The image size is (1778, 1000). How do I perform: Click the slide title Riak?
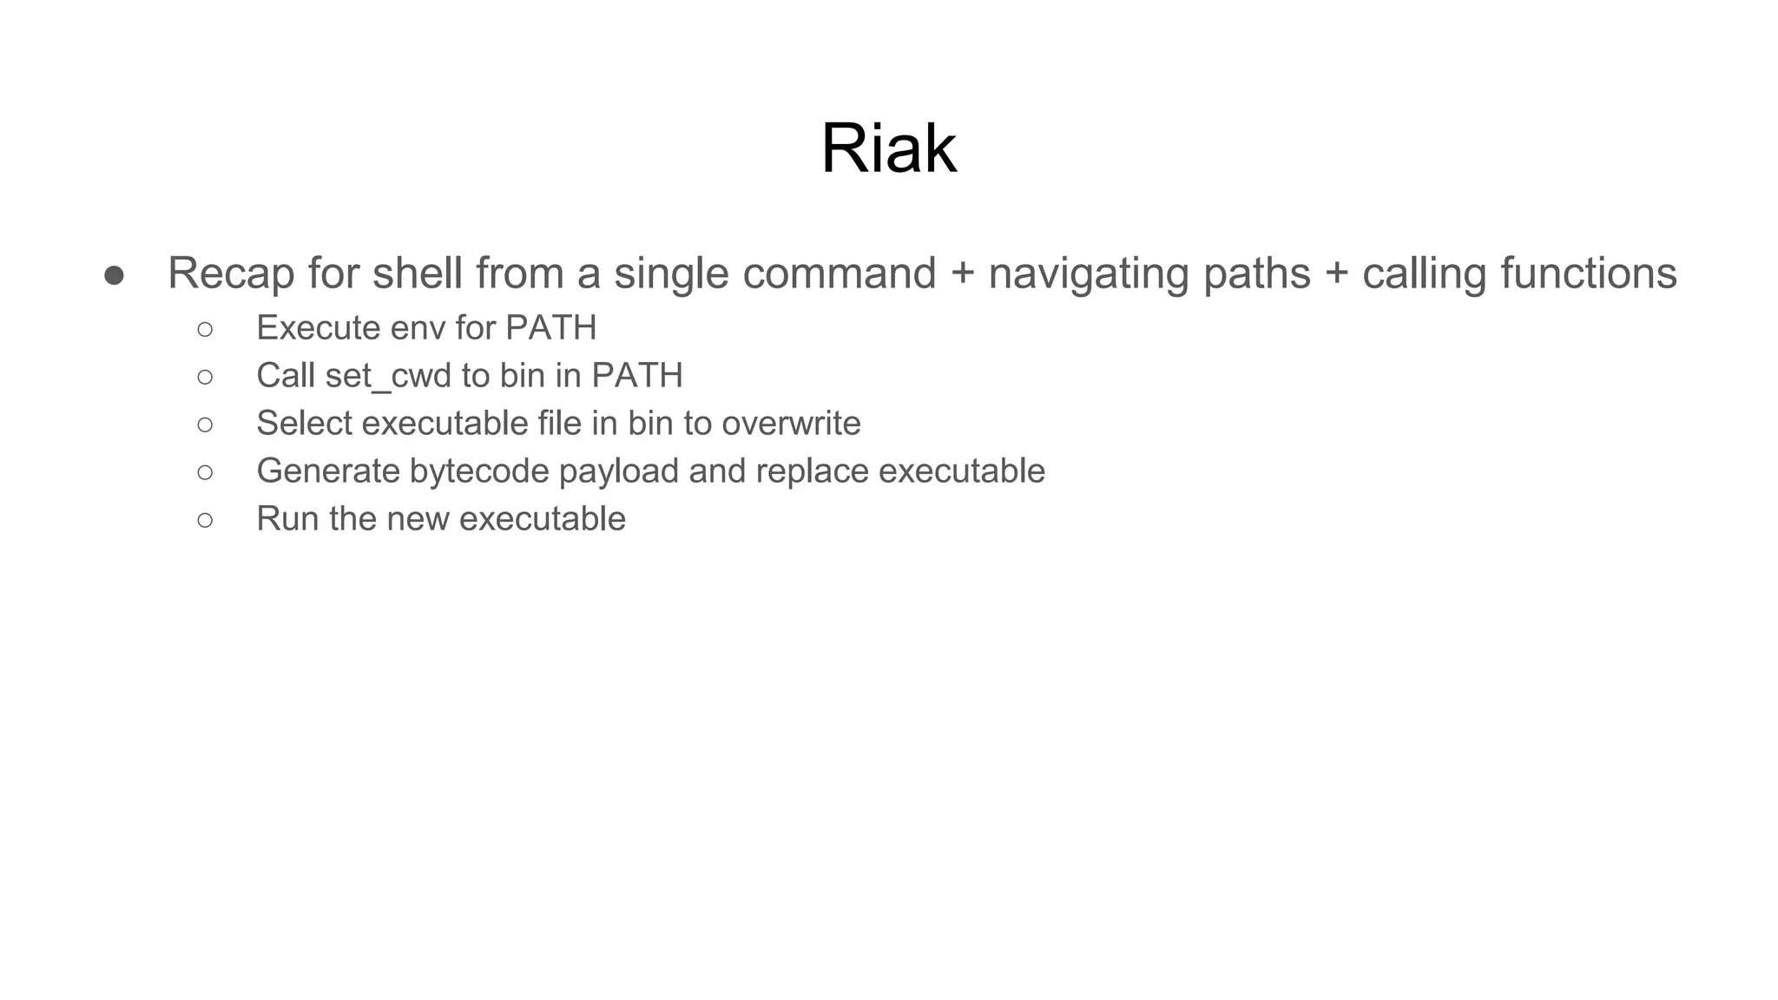[888, 148]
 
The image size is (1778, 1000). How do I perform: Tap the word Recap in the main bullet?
[230, 273]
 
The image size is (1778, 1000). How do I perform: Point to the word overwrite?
[790, 424]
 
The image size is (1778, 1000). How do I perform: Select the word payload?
[618, 471]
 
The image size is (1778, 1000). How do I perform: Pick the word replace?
[812, 471]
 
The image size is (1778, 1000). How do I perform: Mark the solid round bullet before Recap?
[114, 275]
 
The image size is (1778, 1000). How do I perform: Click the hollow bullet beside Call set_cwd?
[205, 377]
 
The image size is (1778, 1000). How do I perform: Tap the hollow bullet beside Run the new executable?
[205, 520]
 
